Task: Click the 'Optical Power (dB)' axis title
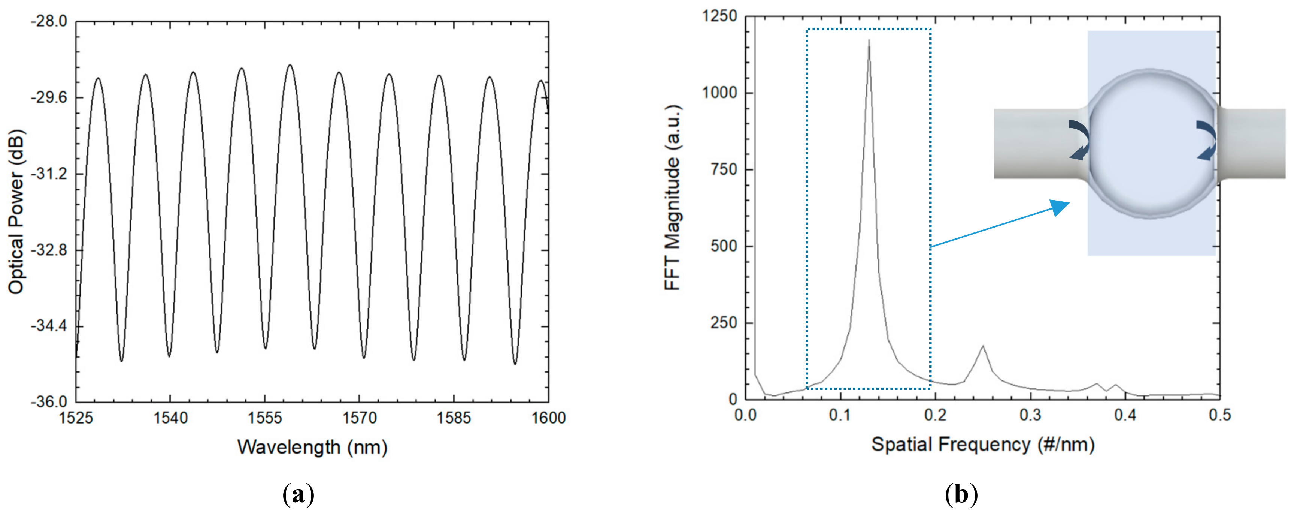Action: [16, 212]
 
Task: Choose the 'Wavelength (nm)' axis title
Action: [312, 447]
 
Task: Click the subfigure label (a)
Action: [299, 495]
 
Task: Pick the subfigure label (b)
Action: [961, 495]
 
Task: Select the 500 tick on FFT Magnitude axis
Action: [724, 246]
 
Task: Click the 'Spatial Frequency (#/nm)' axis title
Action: [982, 444]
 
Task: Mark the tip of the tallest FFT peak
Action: [869, 40]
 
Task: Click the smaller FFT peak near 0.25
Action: [983, 346]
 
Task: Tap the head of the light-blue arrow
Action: [1063, 206]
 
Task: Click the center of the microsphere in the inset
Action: [1152, 144]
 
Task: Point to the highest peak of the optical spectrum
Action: [290, 65]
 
